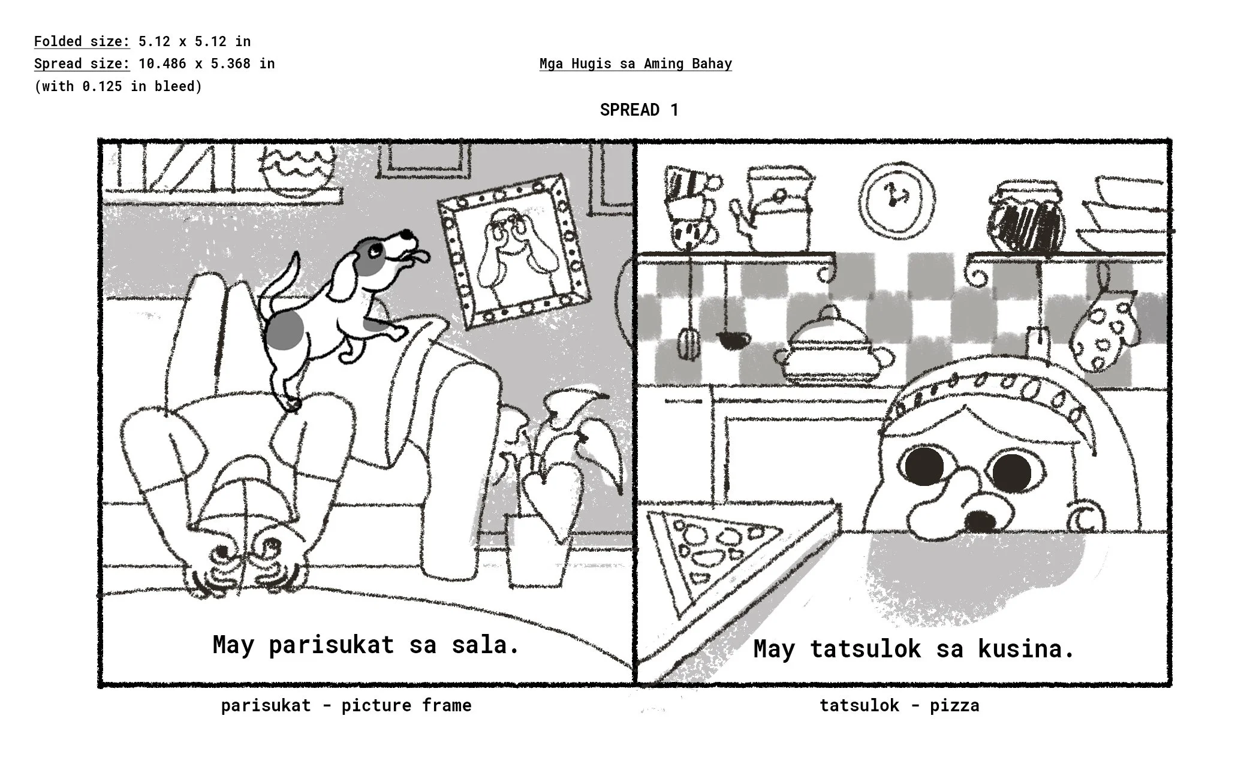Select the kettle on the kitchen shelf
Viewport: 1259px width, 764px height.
click(x=777, y=210)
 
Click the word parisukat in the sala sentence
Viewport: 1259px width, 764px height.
click(x=331, y=645)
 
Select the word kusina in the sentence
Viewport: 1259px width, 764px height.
click(x=1025, y=648)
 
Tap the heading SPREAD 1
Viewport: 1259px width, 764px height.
click(x=639, y=110)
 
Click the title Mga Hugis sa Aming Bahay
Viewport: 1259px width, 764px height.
click(x=635, y=64)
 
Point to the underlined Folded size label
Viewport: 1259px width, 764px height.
click(x=82, y=41)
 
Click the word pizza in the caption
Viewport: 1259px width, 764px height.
click(x=954, y=705)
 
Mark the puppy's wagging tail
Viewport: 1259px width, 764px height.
click(x=282, y=282)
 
